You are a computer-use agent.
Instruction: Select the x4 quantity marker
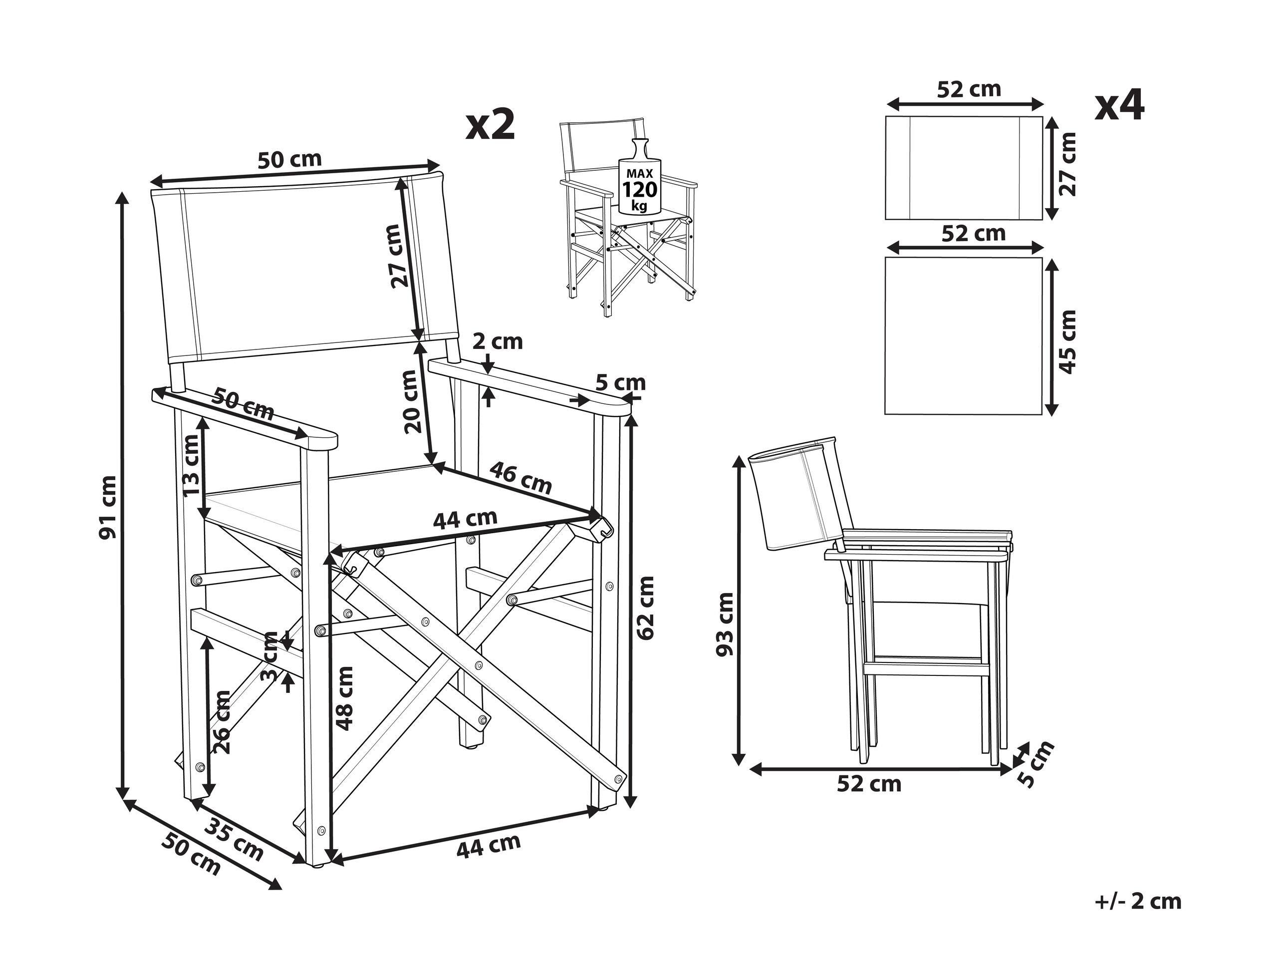click(1119, 106)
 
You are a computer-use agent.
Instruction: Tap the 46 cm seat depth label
click(520, 478)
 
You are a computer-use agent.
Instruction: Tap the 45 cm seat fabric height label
click(1068, 342)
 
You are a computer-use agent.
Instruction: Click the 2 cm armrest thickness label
click(497, 342)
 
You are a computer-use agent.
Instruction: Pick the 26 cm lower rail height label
click(222, 722)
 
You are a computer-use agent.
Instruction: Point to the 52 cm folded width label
click(869, 784)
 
